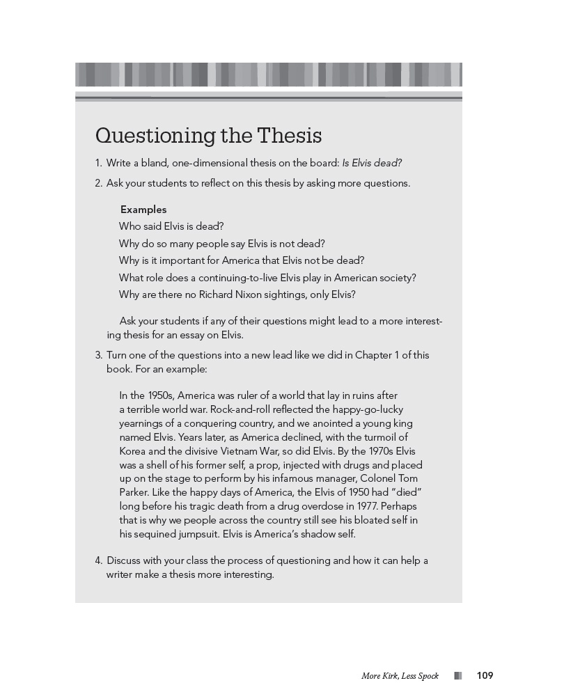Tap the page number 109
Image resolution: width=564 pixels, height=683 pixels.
[x=485, y=675]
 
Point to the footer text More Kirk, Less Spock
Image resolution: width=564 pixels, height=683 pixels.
[x=400, y=676]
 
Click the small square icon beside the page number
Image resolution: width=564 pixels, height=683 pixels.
[x=457, y=675]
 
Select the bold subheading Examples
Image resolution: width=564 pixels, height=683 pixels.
[x=143, y=210]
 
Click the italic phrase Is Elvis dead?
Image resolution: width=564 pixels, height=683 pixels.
[x=372, y=164]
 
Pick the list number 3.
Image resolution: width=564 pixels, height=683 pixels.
[x=98, y=355]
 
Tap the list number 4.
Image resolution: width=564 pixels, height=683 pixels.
[x=98, y=560]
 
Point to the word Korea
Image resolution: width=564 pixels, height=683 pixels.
[x=134, y=451]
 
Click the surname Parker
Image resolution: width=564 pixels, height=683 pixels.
[x=134, y=492]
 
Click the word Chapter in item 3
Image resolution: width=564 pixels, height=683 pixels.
[x=375, y=355]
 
